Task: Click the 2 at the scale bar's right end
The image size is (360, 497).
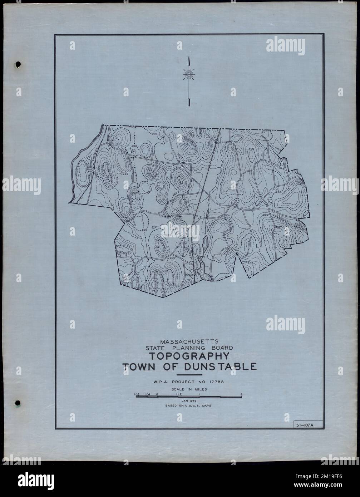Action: (242, 394)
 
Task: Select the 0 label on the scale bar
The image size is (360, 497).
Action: (157, 394)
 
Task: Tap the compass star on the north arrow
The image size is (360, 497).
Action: (188, 75)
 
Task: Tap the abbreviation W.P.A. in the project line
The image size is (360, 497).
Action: (159, 382)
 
